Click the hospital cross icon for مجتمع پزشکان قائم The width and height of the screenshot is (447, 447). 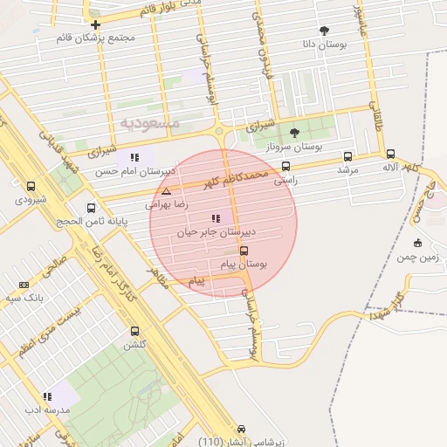click(95, 24)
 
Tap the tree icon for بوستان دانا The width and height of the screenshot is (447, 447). click(325, 31)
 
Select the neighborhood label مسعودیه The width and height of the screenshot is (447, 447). click(149, 123)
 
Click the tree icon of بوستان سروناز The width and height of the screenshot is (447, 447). click(293, 134)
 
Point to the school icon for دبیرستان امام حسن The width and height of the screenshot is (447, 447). click(134, 157)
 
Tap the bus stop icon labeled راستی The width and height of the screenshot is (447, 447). click(285, 166)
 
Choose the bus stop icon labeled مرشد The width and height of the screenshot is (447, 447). click(348, 157)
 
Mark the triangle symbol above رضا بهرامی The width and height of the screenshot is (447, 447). click(166, 190)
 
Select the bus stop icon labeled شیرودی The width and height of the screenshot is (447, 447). click(31, 186)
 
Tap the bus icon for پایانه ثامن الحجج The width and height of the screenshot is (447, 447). click(92, 208)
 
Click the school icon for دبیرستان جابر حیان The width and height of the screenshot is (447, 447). click(216, 219)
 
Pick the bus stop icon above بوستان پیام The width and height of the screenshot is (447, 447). click(243, 250)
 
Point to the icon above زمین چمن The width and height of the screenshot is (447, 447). click(417, 243)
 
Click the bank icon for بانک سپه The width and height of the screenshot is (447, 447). click(24, 284)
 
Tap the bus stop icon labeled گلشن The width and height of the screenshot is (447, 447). click(134, 331)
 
